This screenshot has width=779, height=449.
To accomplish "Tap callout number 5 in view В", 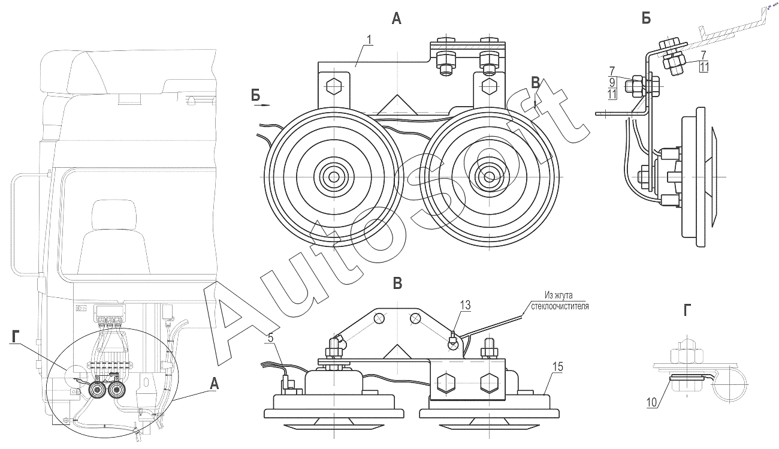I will click(x=270, y=337).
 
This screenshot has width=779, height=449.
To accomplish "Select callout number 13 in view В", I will click(x=465, y=306).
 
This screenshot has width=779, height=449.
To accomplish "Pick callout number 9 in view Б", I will click(x=612, y=82).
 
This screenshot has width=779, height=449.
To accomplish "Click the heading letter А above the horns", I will click(x=396, y=19).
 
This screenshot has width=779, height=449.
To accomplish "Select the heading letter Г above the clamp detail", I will click(x=686, y=310).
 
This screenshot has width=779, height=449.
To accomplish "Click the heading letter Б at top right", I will click(x=646, y=19).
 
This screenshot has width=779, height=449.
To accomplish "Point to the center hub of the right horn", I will click(x=490, y=176).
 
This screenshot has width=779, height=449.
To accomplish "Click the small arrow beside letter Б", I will click(x=262, y=104).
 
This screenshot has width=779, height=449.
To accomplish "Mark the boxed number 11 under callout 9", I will click(x=612, y=94).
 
